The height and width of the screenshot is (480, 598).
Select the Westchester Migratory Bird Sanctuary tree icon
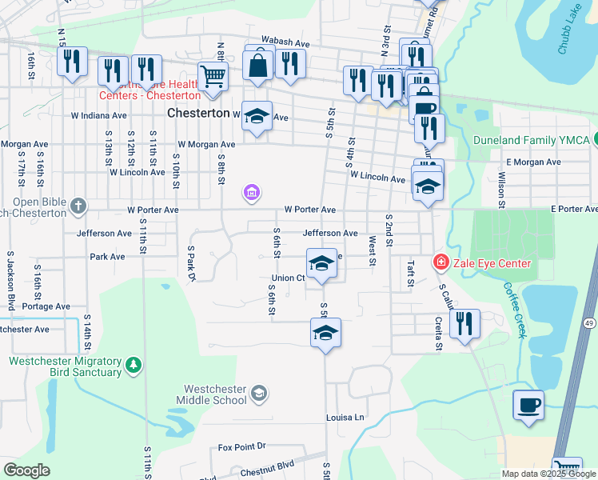coord(132,366)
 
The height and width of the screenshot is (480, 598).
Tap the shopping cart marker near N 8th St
coord(213,78)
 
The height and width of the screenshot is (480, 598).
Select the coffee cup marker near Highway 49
coord(528,406)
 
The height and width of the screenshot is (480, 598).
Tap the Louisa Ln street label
coord(345,418)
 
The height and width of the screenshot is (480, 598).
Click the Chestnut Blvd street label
coord(267,464)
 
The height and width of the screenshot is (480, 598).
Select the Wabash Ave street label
coord(285,43)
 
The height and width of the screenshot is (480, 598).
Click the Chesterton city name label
coord(198,114)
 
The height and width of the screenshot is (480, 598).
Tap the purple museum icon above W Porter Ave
coord(251,193)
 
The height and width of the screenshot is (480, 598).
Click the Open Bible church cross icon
coord(78,206)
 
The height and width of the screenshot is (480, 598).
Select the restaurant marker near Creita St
coord(464,324)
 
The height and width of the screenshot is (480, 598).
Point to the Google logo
coord(27,470)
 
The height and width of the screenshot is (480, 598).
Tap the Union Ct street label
coord(288,278)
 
